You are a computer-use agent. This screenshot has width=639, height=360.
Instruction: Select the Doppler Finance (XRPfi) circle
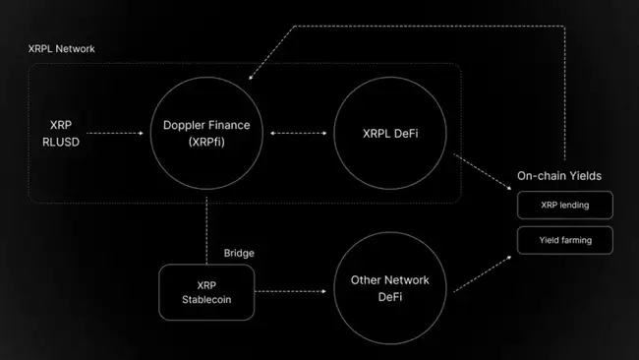(206, 134)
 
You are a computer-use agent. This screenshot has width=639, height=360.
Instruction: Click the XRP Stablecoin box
(207, 291)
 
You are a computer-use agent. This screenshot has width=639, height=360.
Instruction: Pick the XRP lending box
(565, 205)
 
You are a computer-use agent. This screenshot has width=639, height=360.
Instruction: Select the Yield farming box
(565, 240)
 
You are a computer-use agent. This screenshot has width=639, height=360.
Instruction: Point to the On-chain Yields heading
(559, 176)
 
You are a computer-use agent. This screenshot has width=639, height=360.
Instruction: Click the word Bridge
(238, 253)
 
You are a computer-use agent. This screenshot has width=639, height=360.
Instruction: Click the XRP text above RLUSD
(61, 125)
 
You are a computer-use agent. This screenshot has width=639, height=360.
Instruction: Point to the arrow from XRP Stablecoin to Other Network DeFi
(292, 291)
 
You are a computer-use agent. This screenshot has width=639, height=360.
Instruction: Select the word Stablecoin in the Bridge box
(207, 300)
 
